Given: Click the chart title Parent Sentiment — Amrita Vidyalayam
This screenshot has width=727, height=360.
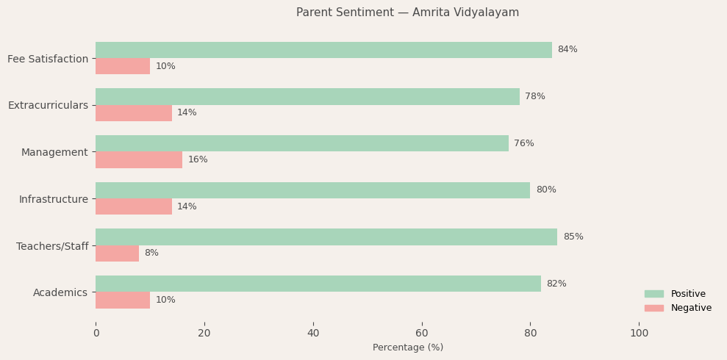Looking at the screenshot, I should click(407, 12).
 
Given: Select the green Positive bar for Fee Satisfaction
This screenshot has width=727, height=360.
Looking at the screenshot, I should click(323, 50).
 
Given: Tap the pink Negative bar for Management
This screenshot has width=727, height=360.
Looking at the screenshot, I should click(139, 160).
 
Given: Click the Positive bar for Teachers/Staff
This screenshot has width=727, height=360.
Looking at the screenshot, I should click(326, 237).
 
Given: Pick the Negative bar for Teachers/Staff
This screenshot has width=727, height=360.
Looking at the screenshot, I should click(117, 253).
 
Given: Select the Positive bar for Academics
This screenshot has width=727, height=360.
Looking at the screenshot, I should click(318, 284).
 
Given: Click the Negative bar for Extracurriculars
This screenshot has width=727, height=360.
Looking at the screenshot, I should click(134, 113).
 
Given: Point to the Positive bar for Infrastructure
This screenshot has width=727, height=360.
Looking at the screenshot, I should click(312, 190).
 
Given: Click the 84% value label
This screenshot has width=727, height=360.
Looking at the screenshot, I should click(567, 50).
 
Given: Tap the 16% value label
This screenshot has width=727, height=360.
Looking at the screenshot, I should click(198, 160).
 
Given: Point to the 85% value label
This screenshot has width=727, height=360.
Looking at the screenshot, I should click(573, 237).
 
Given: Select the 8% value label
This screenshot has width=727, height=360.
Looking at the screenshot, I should click(151, 253).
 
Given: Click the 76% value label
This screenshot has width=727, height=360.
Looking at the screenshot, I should click(523, 144).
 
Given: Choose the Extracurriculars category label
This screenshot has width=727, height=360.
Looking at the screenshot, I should click(48, 106).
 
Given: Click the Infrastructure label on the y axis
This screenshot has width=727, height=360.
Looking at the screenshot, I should click(53, 199).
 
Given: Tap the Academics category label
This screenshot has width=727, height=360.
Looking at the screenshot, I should click(60, 293).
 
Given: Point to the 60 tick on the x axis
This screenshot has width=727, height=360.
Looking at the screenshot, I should click(422, 334).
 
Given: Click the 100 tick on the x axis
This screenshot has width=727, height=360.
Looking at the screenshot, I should click(639, 334).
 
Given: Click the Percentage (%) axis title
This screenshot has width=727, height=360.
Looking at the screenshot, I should click(407, 348).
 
